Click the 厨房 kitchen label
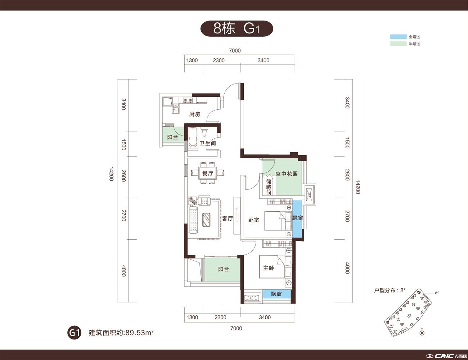point(195,114)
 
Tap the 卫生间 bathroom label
point(208,143)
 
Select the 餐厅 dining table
point(208,173)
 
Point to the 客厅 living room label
point(228,219)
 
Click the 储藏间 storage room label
point(269,187)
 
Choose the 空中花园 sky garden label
point(287,174)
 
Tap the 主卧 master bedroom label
point(269,268)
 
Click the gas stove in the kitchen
point(188,100)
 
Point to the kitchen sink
point(176,108)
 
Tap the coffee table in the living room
point(207,220)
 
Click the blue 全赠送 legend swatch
point(398,37)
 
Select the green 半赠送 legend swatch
point(398,44)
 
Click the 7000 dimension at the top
point(235,51)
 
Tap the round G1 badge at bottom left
point(74,333)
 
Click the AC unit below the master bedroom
point(252,298)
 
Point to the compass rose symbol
point(422,333)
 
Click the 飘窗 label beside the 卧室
point(297,218)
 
